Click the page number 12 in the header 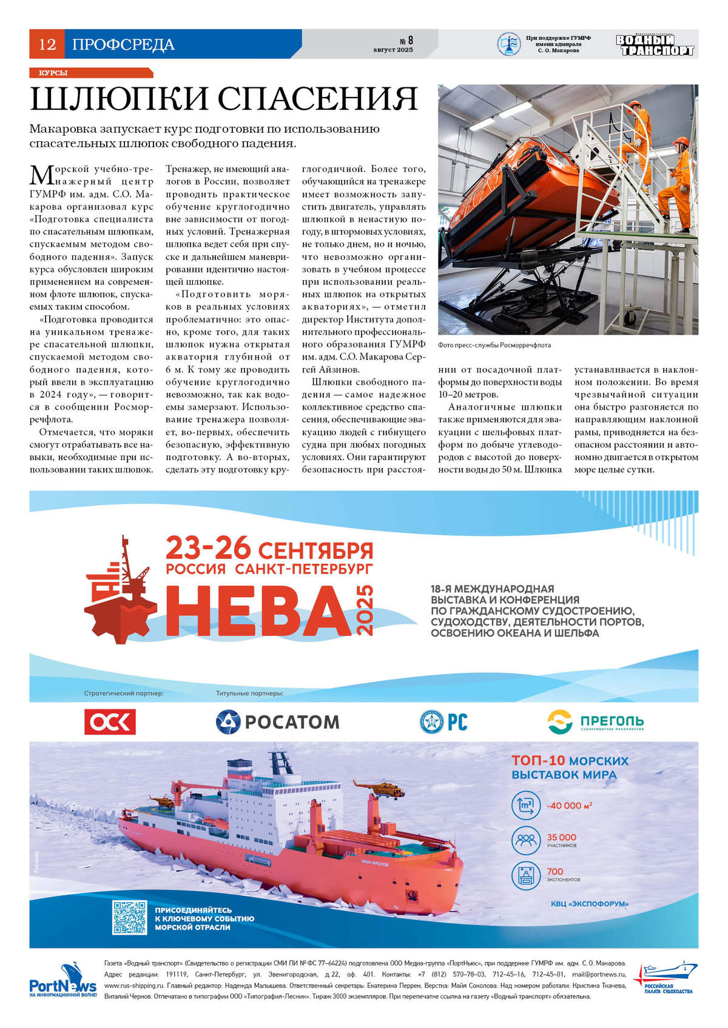[x=47, y=44]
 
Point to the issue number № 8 [x=406, y=41]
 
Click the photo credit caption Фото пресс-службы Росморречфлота [x=494, y=345]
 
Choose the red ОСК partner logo [x=110, y=721]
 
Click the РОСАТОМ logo [x=278, y=721]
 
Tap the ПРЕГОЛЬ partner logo [x=595, y=721]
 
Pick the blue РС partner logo [x=443, y=721]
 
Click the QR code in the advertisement [x=129, y=916]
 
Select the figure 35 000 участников [x=561, y=839]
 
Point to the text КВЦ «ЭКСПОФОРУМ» [x=589, y=904]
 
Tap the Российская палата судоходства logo [x=665, y=977]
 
